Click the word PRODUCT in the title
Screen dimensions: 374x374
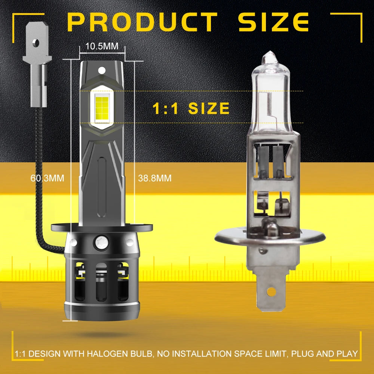(x=142, y=22)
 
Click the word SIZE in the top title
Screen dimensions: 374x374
(x=274, y=22)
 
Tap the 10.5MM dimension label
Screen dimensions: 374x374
(x=102, y=46)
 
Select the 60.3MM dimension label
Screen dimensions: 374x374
(x=47, y=178)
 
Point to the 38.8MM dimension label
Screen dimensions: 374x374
(x=154, y=178)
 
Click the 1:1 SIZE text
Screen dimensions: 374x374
(x=191, y=108)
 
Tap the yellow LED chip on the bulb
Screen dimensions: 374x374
(x=102, y=108)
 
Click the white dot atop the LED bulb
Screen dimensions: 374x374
(x=102, y=70)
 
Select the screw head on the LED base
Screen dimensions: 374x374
(x=102, y=243)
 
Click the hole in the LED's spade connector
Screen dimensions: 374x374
(x=37, y=43)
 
